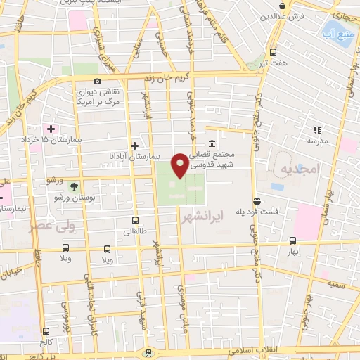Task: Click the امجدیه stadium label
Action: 298,169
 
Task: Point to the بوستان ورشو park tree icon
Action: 75,186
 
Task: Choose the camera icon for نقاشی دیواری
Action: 98,82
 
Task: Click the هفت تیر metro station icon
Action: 273,51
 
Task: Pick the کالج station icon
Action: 46,331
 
